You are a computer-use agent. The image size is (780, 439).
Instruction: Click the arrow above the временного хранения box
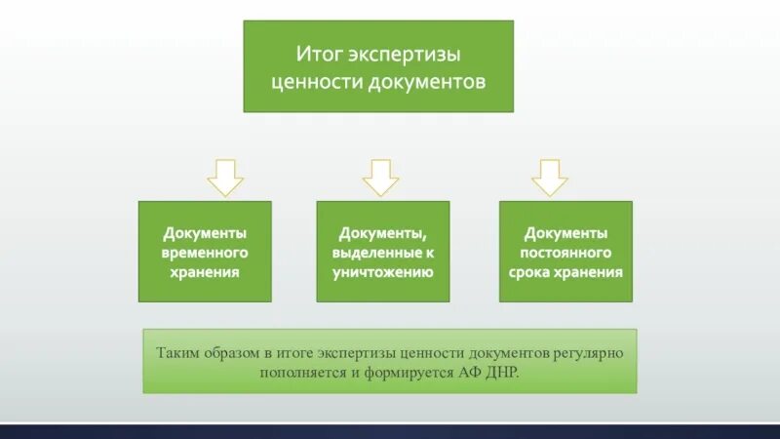[224, 177]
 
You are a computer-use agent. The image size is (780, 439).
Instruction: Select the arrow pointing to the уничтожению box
[380, 177]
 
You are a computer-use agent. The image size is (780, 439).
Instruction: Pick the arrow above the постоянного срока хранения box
[549, 177]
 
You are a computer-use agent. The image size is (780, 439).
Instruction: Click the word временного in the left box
[205, 253]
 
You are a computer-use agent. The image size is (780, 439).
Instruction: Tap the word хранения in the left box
[205, 272]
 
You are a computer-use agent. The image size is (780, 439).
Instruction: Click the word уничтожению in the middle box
[383, 272]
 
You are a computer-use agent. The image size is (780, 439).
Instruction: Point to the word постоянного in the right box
[565, 253]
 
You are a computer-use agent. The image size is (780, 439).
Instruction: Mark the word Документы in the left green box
[205, 233]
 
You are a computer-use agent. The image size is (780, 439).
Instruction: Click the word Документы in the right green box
[565, 233]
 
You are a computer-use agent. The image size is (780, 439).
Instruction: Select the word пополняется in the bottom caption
[298, 373]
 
